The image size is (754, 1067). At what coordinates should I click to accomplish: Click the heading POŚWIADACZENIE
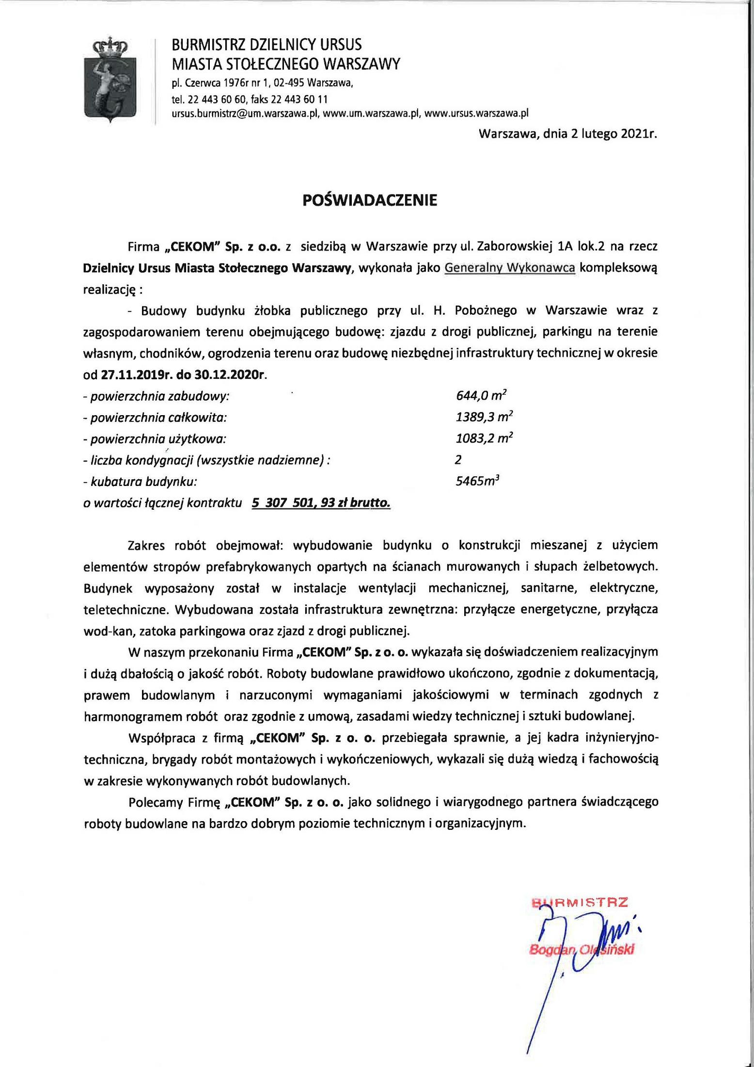coord(369,200)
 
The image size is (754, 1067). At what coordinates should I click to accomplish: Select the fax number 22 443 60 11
coord(299,99)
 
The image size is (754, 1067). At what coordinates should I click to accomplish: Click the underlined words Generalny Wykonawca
coord(510,268)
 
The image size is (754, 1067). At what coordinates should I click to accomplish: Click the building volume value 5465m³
coord(477,482)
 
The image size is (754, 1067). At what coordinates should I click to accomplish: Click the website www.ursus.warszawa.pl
coord(476,113)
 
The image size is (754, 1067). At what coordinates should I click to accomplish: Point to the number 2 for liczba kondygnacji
coord(458,460)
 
